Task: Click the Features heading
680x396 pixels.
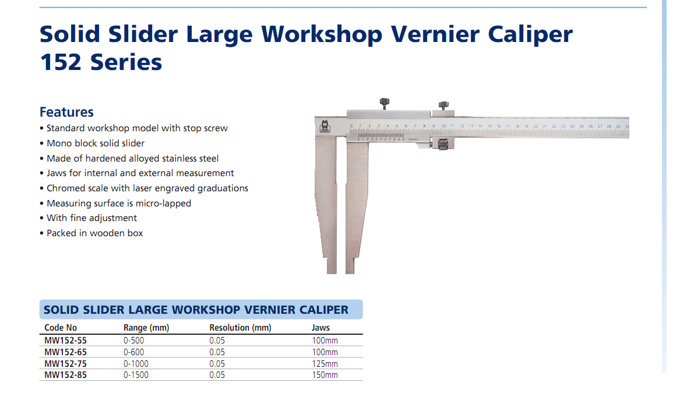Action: click(x=66, y=112)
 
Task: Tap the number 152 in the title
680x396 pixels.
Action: click(x=61, y=62)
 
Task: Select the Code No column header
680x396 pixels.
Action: click(x=60, y=328)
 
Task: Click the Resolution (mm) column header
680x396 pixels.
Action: click(x=240, y=328)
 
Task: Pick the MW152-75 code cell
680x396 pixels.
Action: click(x=65, y=364)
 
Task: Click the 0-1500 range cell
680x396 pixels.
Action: click(x=136, y=375)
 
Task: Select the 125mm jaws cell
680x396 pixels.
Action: click(x=325, y=364)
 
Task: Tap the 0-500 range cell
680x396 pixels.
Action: click(x=133, y=341)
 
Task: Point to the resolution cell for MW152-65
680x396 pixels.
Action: click(x=217, y=352)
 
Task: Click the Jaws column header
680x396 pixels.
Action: click(x=320, y=328)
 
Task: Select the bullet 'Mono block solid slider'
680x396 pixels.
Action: click(x=92, y=143)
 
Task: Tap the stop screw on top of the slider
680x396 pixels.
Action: click(x=384, y=104)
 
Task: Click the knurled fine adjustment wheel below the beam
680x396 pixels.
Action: click(x=443, y=145)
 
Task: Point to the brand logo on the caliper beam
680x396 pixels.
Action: click(x=325, y=127)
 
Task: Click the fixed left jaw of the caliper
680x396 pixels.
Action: click(x=326, y=204)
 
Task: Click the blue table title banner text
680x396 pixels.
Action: click(x=196, y=310)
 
